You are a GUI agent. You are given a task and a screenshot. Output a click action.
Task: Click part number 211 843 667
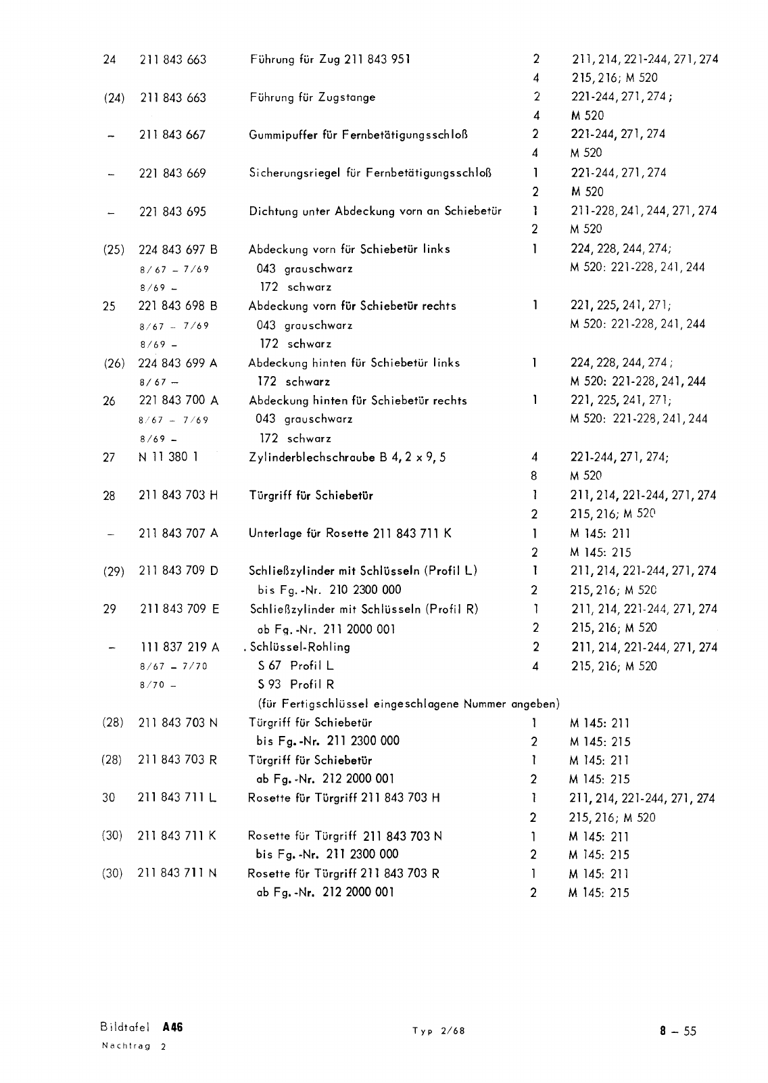coord(172,135)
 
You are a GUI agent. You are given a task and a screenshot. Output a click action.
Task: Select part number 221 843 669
coord(172,173)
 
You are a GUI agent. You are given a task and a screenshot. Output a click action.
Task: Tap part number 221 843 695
coord(172,212)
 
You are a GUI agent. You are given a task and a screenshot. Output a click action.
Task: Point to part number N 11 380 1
coord(168,457)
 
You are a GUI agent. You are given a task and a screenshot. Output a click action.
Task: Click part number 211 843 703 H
coord(178,495)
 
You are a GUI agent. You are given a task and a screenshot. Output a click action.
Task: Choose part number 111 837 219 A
coord(179,647)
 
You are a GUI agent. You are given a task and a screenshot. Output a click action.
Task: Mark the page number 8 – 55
coord(678,1031)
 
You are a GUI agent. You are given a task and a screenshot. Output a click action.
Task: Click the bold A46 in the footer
coord(172,1027)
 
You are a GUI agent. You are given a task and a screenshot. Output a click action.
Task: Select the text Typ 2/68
coord(439,1031)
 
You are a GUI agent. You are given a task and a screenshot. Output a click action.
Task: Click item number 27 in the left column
coord(109,457)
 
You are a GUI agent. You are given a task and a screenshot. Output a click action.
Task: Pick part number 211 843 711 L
coord(177,798)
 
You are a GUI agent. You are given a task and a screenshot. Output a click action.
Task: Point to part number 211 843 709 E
coord(179,609)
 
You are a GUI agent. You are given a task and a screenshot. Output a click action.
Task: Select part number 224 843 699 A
coord(178,363)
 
